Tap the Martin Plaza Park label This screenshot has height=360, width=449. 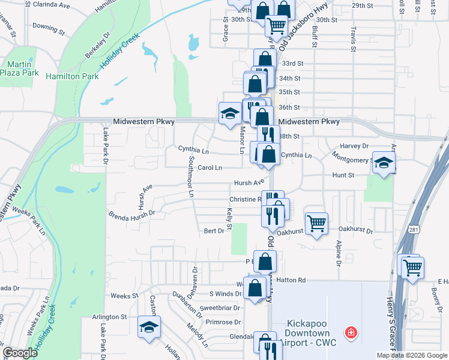[23, 68]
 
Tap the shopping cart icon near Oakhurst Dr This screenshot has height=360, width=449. [316, 224]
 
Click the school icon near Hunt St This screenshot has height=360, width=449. [384, 162]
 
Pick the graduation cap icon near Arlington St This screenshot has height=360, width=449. [149, 327]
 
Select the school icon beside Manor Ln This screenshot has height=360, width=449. [229, 113]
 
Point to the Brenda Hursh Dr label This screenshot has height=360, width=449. [131, 212]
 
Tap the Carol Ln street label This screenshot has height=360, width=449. [210, 167]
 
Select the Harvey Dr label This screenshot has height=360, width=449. [354, 146]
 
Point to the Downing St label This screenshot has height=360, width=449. [49, 28]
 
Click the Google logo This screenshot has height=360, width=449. [20, 353]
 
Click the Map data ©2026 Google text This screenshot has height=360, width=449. [411, 355]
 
